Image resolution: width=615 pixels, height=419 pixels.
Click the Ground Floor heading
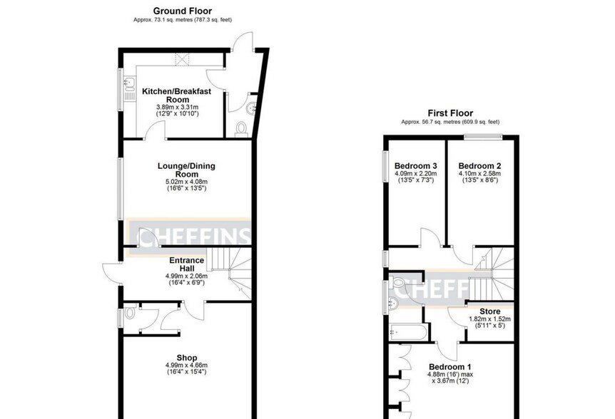pos(183,11)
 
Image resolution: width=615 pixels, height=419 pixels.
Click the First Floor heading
pos(450,113)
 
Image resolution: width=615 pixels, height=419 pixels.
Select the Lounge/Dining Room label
pos(186,170)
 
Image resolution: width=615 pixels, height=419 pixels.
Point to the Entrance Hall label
pos(186,264)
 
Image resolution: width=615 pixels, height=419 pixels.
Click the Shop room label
pos(187,358)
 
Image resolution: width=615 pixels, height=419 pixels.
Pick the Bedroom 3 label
pos(416,165)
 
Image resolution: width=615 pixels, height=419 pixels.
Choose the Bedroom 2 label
pos(479,165)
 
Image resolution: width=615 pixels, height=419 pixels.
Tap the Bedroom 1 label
pos(450,367)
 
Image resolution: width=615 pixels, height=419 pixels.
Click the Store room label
pos(490,311)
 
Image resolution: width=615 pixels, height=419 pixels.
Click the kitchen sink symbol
pos(128,89)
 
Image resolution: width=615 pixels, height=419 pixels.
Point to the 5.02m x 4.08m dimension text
pos(187,182)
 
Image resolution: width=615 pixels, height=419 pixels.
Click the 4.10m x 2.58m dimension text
pos(479,173)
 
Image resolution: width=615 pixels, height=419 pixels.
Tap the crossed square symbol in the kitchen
pos(182,60)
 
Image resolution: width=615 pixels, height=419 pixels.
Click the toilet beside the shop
pos(130,313)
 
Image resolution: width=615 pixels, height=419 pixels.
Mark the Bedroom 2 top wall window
pos(483,137)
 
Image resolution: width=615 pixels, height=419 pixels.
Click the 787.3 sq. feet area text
pos(212,19)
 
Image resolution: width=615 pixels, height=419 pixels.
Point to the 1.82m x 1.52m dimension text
pos(490,319)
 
